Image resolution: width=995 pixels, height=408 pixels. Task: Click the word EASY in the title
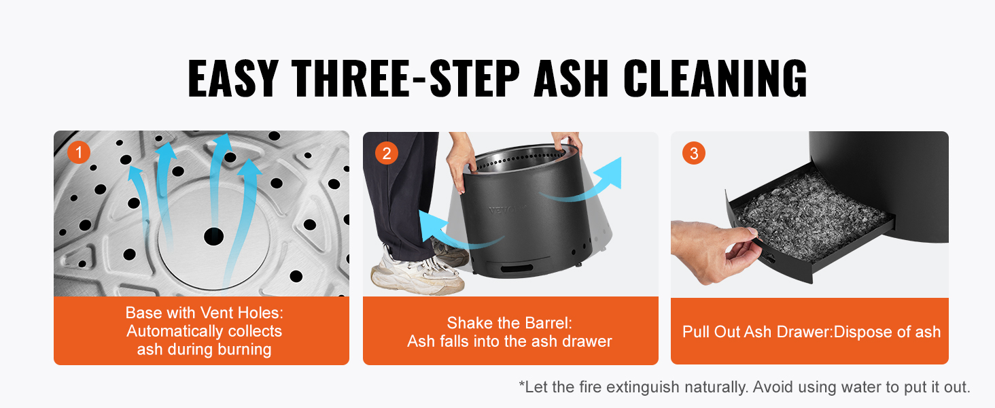coord(233,78)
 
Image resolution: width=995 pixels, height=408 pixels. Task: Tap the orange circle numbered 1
coord(79,152)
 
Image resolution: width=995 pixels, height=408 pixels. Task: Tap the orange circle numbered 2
coord(387,153)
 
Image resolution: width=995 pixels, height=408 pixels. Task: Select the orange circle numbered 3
coord(694,153)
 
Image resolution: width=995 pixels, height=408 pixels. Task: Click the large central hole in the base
coord(213,236)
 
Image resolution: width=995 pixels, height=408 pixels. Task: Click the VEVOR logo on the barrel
coord(507,209)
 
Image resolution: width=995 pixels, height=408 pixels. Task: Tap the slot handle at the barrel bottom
coord(517,269)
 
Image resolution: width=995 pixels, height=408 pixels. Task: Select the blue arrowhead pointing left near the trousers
coord(430,226)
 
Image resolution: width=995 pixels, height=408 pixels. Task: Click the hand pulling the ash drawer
coord(715,251)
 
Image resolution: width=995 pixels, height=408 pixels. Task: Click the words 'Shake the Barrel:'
coord(510,323)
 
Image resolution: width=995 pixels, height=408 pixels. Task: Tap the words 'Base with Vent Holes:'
coord(205,313)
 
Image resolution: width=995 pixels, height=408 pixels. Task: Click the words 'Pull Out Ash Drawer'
coord(756,332)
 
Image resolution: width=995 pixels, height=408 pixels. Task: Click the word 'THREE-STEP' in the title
coord(405,78)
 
